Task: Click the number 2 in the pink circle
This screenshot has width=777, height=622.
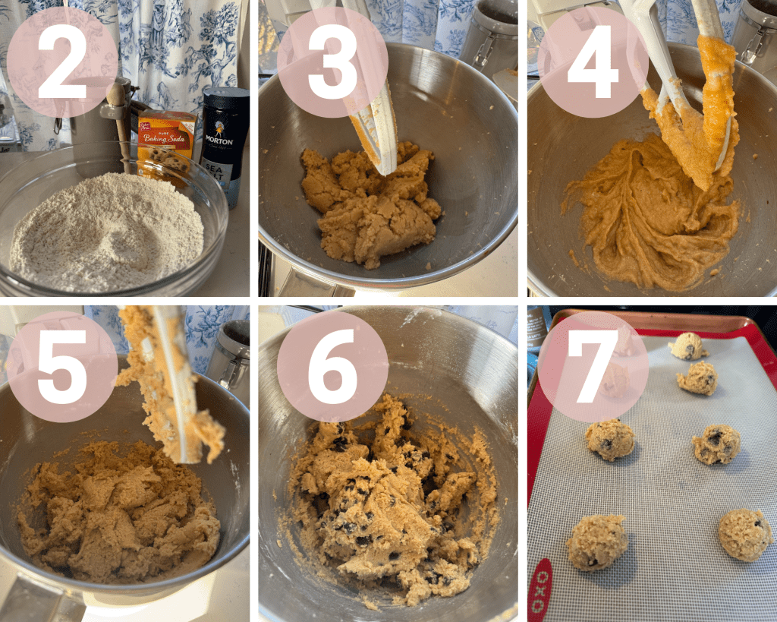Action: [62, 62]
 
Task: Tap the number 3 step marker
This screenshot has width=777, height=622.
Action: [332, 62]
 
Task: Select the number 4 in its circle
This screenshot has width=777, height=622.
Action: [593, 62]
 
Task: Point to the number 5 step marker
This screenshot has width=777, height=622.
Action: [62, 367]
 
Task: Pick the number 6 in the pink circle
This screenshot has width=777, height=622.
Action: [332, 367]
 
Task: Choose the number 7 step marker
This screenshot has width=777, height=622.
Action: [593, 367]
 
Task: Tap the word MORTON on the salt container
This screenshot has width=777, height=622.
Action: [219, 141]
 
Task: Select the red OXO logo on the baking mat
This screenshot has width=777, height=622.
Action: [540, 590]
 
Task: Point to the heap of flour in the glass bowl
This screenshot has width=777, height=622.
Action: [106, 232]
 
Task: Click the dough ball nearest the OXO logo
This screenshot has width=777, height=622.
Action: [596, 542]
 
